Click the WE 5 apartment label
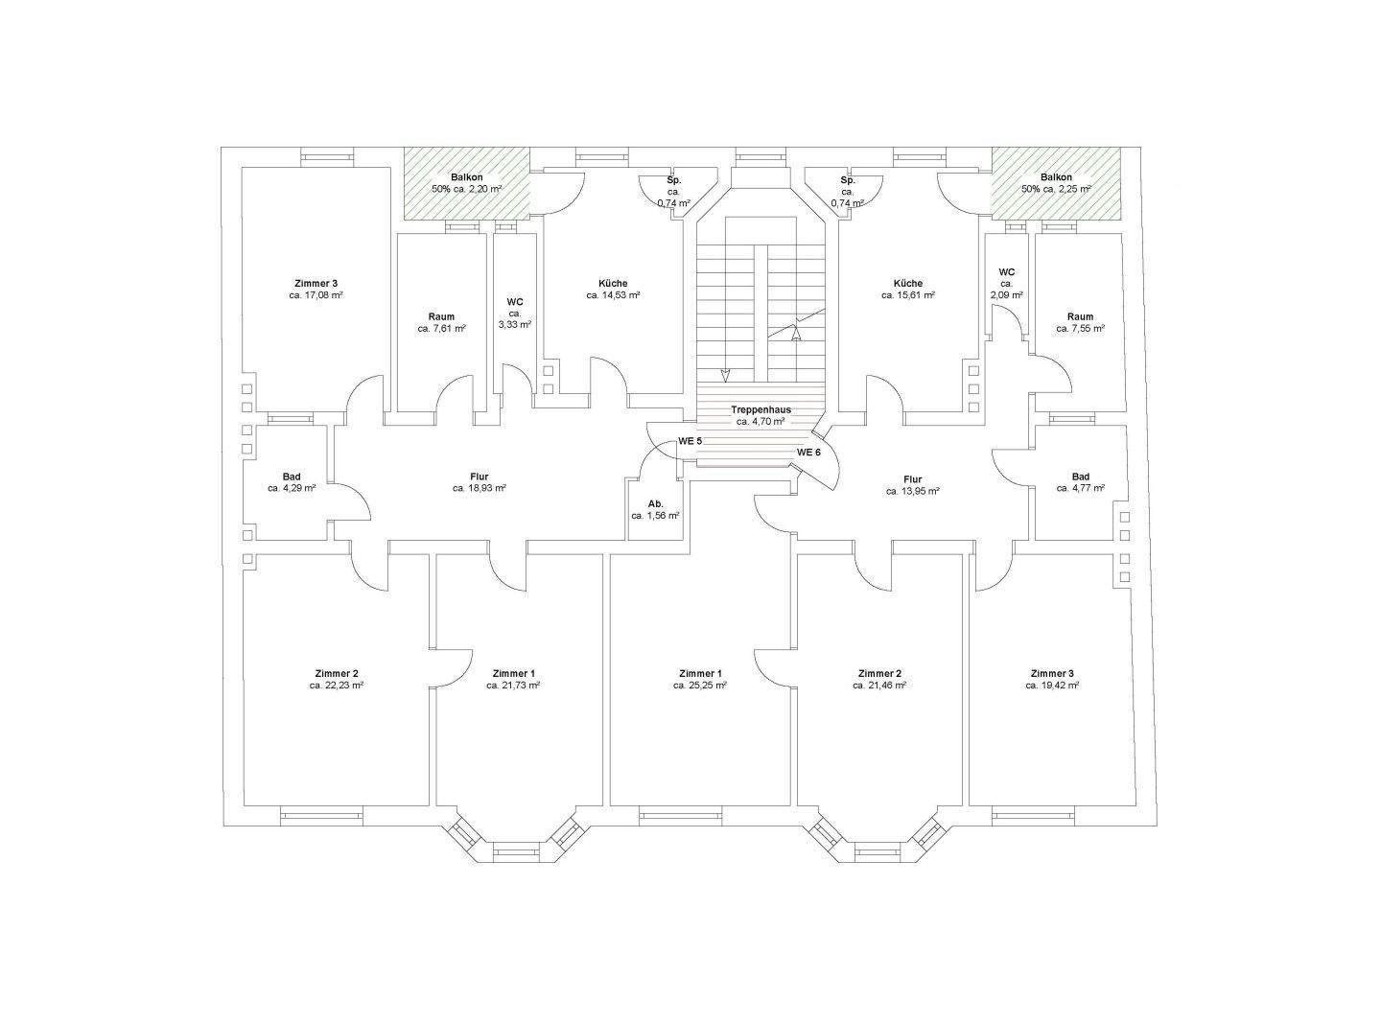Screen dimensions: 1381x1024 tap(690, 441)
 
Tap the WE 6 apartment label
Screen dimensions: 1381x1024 tap(808, 453)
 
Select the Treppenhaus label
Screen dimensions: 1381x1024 tap(761, 409)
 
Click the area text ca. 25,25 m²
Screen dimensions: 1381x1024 tap(700, 686)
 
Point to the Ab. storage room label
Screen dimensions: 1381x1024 tap(655, 504)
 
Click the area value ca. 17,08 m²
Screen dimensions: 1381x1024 tap(316, 295)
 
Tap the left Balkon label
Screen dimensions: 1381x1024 tap(466, 177)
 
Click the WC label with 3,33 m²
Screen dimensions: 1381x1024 tap(515, 302)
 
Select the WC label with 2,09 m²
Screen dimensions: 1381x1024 tap(1007, 272)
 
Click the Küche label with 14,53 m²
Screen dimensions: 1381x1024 tap(613, 283)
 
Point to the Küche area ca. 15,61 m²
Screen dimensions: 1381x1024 tap(908, 295)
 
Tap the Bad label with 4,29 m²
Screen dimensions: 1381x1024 tap(292, 477)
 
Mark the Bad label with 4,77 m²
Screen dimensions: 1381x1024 tap(1080, 477)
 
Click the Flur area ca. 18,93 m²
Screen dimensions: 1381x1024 tap(479, 489)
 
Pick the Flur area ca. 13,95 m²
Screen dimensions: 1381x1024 tap(912, 491)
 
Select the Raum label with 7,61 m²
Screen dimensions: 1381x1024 tap(441, 316)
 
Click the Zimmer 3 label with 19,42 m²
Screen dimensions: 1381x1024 tap(1052, 673)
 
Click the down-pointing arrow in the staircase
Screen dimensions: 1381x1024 tap(725, 375)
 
